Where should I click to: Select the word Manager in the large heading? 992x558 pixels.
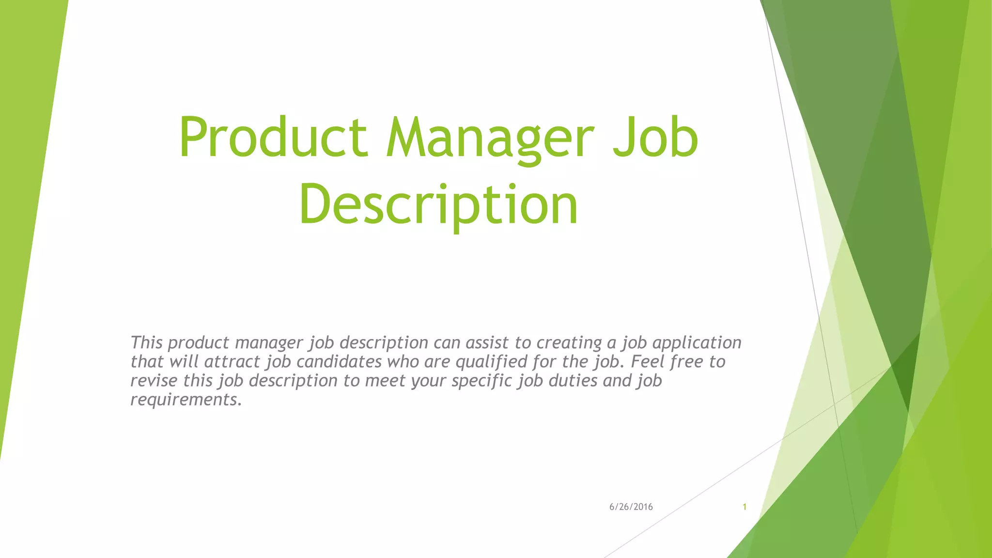[489, 139]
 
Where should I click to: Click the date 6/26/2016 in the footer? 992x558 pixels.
[631, 507]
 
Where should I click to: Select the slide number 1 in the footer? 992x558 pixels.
[744, 507]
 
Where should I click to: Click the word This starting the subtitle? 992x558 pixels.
[146, 342]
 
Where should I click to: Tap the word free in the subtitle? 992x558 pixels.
[686, 361]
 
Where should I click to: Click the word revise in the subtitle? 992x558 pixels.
[154, 381]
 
